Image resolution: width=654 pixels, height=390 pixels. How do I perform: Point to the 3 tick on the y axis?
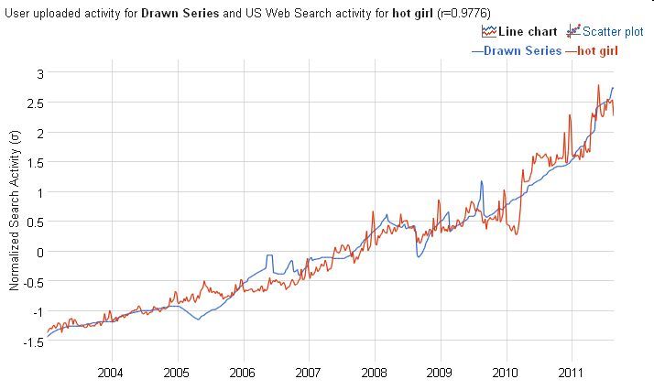pos(38,72)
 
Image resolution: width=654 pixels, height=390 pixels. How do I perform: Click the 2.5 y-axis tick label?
pos(35,103)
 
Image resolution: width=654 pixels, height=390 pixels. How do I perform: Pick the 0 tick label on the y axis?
pos(38,252)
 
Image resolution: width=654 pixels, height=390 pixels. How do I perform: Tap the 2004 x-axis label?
pos(111,374)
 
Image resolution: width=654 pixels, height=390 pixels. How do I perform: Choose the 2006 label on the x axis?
pos(243,374)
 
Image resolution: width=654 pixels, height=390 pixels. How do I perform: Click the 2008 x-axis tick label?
pos(374,374)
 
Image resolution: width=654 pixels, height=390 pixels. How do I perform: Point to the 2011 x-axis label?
pos(571,374)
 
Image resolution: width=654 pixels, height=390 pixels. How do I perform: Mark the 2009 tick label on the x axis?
pos(440,374)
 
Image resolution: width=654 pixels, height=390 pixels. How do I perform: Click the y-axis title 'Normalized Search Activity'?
pos(15,211)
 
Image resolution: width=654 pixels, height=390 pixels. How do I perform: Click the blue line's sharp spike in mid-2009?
pos(481,182)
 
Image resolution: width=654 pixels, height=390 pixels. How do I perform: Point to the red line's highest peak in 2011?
pos(598,86)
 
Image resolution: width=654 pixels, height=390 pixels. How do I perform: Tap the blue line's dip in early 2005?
pos(198,319)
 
